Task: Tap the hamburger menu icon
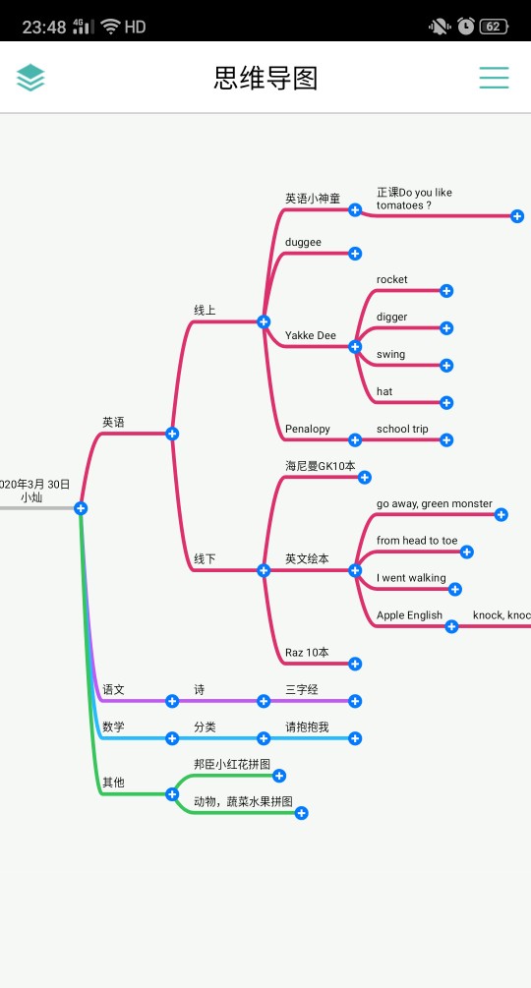click(x=494, y=78)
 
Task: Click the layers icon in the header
click(x=30, y=78)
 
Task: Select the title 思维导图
click(x=265, y=78)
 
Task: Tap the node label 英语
click(x=113, y=422)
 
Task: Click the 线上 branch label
click(x=205, y=310)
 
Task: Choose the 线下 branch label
click(x=205, y=559)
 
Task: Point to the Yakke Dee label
click(x=311, y=335)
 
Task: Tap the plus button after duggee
click(x=355, y=254)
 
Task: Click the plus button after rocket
click(x=446, y=290)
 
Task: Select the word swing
click(x=390, y=354)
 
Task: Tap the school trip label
click(x=402, y=429)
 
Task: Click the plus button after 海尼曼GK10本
click(x=365, y=477)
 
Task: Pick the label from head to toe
click(x=417, y=541)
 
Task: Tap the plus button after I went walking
click(x=455, y=589)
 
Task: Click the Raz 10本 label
click(x=307, y=653)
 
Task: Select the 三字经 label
click(x=302, y=690)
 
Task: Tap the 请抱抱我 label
click(x=308, y=727)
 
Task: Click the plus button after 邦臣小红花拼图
click(x=279, y=776)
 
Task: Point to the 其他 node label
click(x=113, y=783)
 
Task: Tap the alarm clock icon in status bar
click(x=466, y=26)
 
